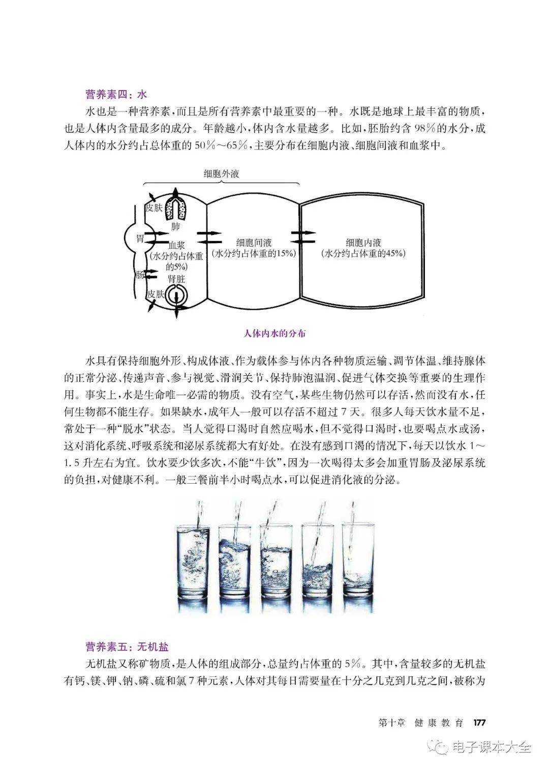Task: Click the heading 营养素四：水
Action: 116,94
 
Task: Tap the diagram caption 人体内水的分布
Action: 274,334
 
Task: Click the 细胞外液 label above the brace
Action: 221,174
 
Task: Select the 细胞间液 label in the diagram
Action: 254,243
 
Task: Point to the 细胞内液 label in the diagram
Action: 363,243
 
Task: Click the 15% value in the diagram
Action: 284,254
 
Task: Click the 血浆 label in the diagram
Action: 176,246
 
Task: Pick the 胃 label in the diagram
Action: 140,238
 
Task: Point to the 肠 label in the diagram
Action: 139,275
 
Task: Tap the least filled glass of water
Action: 358,561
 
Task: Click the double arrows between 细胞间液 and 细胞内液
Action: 303,238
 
